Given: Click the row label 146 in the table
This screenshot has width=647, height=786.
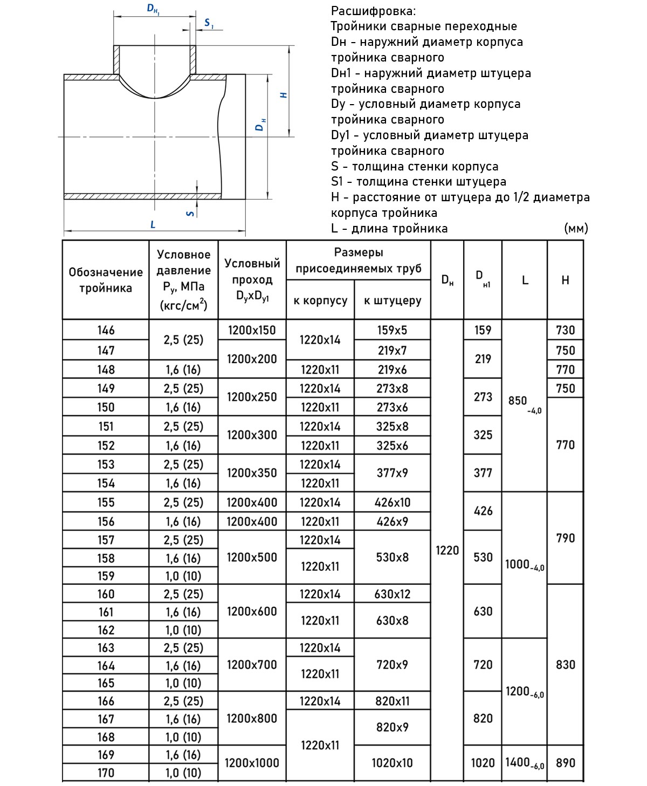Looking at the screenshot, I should (106, 330).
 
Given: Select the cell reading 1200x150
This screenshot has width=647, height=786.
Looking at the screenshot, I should (252, 330).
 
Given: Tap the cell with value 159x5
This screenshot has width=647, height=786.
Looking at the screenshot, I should (392, 330).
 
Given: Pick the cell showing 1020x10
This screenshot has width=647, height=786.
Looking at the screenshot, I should (392, 763).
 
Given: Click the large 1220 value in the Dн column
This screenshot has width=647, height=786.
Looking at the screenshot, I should (447, 550).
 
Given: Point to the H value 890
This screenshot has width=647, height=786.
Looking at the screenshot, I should (565, 763).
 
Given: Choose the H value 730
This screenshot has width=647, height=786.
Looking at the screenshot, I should (565, 330).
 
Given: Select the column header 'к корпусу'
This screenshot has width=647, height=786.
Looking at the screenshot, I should (320, 300).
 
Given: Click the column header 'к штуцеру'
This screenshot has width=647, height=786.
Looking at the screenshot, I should (392, 300).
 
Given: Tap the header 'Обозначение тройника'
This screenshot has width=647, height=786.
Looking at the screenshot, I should (106, 280).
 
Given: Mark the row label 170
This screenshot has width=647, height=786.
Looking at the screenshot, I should (106, 773).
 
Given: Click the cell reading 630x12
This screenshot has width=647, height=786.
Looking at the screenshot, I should (392, 594).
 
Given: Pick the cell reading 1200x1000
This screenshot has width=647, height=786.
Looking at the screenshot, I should (252, 763).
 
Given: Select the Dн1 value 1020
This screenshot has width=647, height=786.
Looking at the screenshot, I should (483, 763).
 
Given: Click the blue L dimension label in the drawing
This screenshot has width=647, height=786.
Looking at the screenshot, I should (153, 224).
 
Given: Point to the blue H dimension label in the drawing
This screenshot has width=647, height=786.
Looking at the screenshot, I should (284, 95).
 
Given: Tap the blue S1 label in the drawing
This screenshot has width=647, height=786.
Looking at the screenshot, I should (209, 23).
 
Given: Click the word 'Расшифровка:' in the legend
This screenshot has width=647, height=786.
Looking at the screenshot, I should (373, 11).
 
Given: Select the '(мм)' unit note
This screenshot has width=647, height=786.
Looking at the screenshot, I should (575, 228).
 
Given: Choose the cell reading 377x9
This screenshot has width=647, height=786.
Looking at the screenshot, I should (392, 473).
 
